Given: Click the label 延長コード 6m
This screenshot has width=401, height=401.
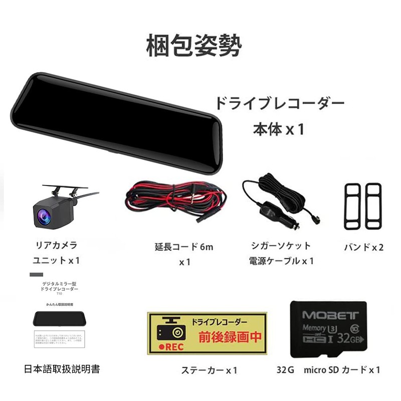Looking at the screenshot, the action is click(184, 247).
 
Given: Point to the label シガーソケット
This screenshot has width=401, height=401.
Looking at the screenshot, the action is click(281, 246).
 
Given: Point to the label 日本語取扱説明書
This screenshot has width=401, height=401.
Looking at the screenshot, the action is click(62, 369).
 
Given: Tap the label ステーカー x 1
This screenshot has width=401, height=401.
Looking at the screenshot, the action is click(209, 370).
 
